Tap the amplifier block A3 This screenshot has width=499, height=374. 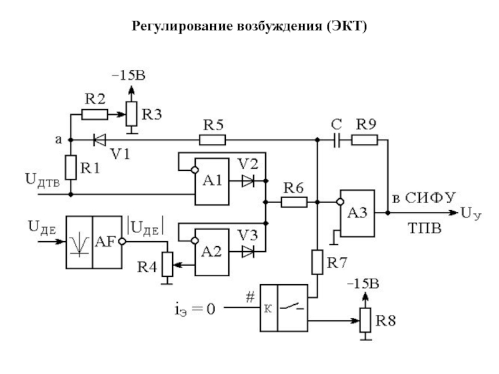coord(357,212)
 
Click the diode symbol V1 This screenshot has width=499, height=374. coord(98,140)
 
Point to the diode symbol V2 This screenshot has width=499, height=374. coord(248,181)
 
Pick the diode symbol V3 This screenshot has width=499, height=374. coord(248,252)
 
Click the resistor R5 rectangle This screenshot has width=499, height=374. coord(212,140)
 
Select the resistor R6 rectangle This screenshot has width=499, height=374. coord(293,202)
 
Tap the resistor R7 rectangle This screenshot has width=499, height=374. coord(318,262)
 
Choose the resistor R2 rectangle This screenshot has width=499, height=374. coord(94,114)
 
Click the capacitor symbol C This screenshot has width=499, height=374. coord(337,140)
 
